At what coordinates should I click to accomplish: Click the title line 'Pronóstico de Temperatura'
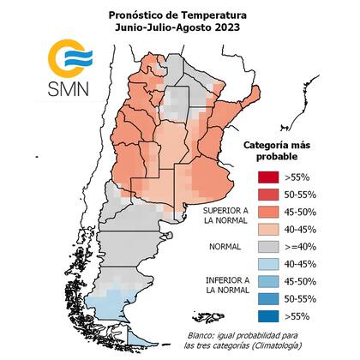pyautogui.click(x=178, y=15)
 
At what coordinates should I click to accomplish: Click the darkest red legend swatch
pyautogui.click(x=269, y=177)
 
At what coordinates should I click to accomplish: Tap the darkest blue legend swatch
pyautogui.click(x=269, y=316)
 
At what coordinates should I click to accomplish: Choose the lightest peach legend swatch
pyautogui.click(x=269, y=231)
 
